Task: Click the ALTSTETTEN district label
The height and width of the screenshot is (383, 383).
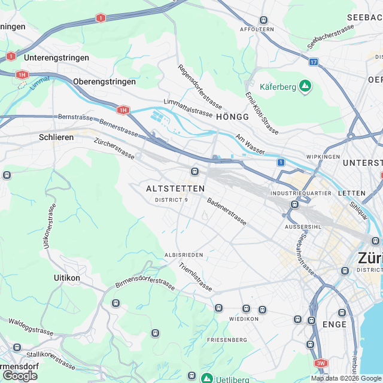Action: click(175, 189)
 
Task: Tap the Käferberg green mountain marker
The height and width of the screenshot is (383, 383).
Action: click(306, 86)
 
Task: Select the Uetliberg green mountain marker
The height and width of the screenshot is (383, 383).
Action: click(206, 378)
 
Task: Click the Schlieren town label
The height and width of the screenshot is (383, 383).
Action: click(56, 137)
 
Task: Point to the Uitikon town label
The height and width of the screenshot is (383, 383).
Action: click(67, 278)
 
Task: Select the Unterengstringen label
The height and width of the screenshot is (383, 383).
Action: click(57, 58)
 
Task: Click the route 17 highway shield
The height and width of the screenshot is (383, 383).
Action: click(314, 62)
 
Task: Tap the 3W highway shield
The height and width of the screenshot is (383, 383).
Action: click(321, 363)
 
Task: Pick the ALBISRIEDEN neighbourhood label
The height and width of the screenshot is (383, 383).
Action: click(184, 255)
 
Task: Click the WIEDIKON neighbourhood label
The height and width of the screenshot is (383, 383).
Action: click(244, 319)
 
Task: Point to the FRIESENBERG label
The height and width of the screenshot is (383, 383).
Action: click(227, 340)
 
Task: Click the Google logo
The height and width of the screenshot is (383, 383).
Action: click(20, 375)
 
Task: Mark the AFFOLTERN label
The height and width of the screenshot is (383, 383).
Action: click(256, 29)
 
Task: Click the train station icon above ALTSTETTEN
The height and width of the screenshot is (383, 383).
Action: click(194, 172)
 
